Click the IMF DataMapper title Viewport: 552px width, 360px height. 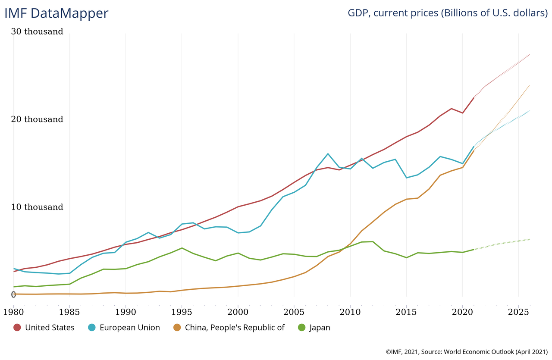[56, 13]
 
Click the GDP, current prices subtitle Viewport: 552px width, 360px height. [448, 13]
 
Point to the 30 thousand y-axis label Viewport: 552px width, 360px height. [38, 31]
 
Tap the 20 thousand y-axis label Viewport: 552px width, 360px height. [38, 119]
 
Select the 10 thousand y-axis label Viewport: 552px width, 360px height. [38, 207]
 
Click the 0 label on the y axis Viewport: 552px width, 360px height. [13, 295]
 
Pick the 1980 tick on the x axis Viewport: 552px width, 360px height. [13, 311]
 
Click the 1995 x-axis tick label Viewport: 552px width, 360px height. [182, 311]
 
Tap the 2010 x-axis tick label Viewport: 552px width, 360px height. [350, 311]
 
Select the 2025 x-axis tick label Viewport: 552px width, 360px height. [518, 311]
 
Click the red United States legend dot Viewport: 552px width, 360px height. [17, 328]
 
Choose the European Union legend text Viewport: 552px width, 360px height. [129, 328]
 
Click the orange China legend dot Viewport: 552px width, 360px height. [177, 328]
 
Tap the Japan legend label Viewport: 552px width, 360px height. [320, 328]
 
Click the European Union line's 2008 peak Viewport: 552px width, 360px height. [328, 153]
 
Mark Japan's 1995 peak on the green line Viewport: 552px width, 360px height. [182, 248]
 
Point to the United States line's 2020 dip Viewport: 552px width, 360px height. [462, 113]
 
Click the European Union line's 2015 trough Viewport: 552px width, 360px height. [406, 178]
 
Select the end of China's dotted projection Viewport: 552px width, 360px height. [530, 85]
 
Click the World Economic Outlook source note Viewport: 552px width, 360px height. [467, 352]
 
